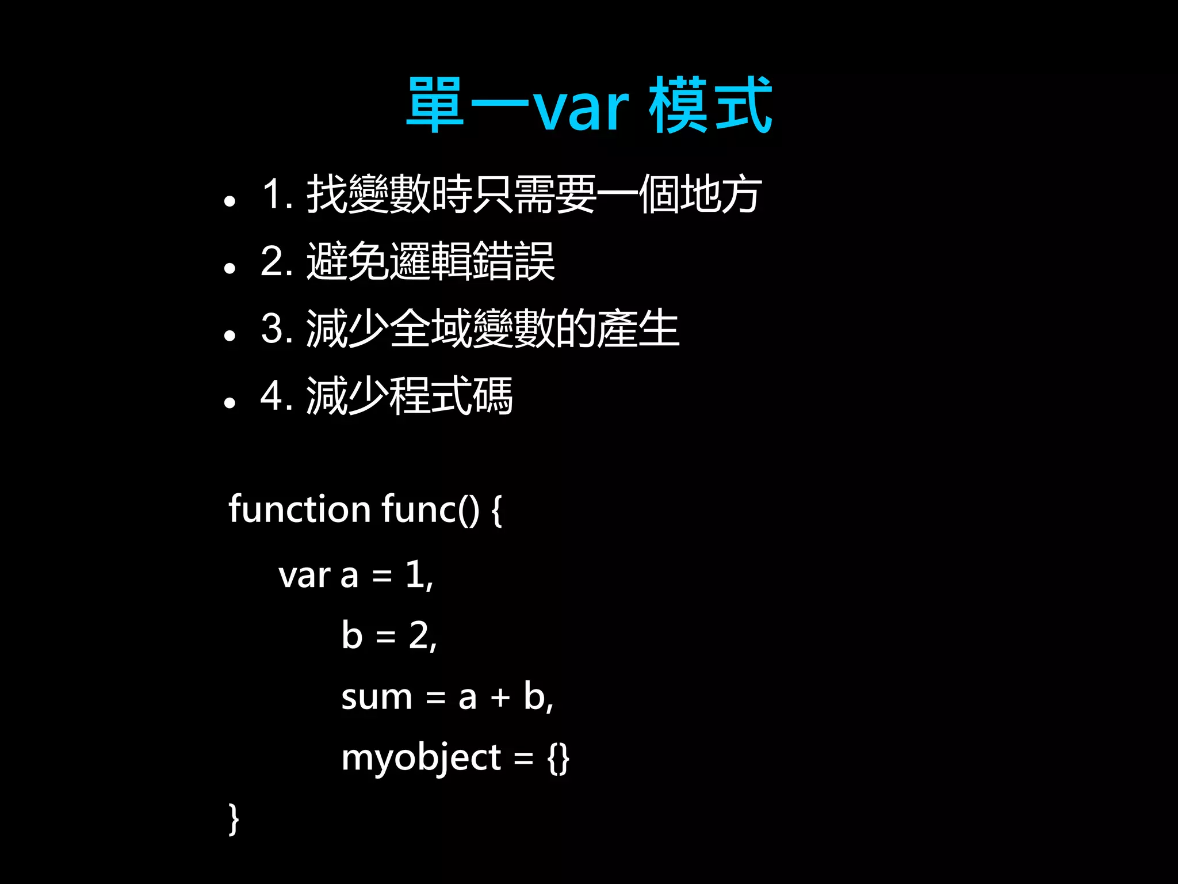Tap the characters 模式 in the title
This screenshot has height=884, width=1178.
pyautogui.click(x=710, y=106)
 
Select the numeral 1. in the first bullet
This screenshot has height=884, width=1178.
pyautogui.click(x=277, y=194)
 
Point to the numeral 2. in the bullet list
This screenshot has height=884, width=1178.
pyautogui.click(x=277, y=261)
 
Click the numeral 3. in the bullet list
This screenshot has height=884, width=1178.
pyautogui.click(x=277, y=329)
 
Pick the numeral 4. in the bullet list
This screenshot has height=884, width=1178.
pyautogui.click(x=277, y=396)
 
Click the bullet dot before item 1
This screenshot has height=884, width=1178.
pyautogui.click(x=230, y=201)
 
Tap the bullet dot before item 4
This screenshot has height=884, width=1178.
pyautogui.click(x=230, y=403)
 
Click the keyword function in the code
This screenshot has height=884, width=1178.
pyautogui.click(x=299, y=509)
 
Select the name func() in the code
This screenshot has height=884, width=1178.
pyautogui.click(x=430, y=510)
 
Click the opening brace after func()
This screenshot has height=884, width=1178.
pyautogui.click(x=496, y=511)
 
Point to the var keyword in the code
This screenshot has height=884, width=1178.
pyautogui.click(x=304, y=576)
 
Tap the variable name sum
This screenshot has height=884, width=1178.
pyautogui.click(x=377, y=698)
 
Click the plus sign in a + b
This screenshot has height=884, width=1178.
pyautogui.click(x=500, y=698)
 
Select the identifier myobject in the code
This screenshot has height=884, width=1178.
pyautogui.click(x=421, y=759)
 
